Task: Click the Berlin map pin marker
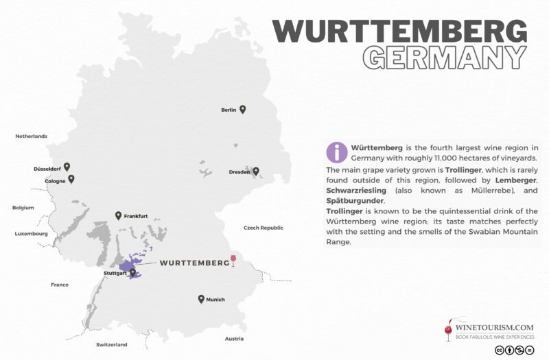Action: tap(242, 109)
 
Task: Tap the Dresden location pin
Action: tap(256, 171)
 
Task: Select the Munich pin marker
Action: tap(201, 299)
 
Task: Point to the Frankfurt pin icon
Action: tap(119, 215)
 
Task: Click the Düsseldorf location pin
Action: tap(67, 167)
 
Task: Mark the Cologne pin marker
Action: tap(71, 179)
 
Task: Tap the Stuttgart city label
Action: tap(115, 273)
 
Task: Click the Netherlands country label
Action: tap(32, 136)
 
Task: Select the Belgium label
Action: tap(23, 207)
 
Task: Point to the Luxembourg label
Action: tap(31, 234)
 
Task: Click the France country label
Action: tap(60, 284)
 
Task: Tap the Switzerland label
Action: tap(112, 344)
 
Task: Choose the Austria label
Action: tap(235, 339)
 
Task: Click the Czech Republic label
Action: tap(264, 228)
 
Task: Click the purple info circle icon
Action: tap(336, 151)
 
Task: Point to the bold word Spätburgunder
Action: tap(355, 200)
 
